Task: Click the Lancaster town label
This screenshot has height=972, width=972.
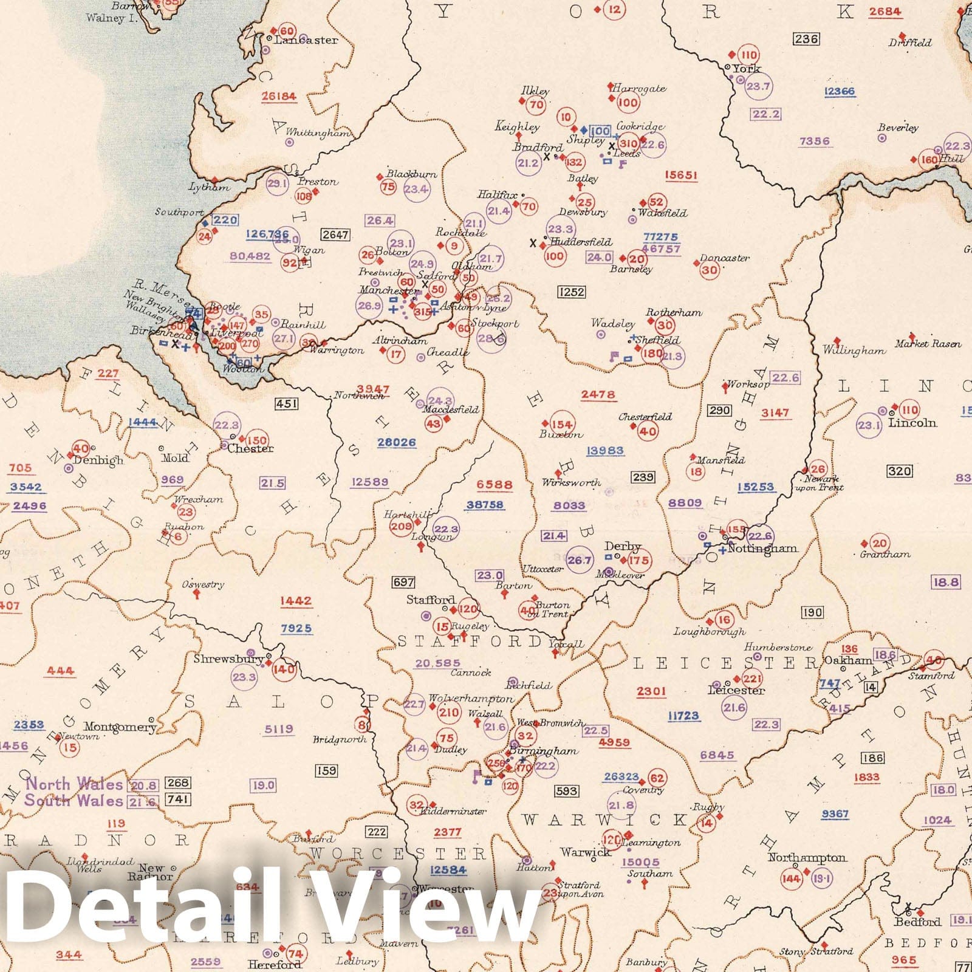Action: click(x=306, y=40)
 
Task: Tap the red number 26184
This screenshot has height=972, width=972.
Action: click(x=279, y=96)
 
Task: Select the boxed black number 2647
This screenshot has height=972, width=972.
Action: click(x=335, y=234)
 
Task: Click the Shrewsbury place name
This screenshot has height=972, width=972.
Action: click(x=228, y=659)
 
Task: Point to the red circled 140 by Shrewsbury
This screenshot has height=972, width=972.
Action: click(x=284, y=669)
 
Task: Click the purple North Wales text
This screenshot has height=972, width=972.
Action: click(x=74, y=784)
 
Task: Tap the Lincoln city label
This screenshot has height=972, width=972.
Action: click(x=912, y=423)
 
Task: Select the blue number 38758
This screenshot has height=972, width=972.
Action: click(x=485, y=505)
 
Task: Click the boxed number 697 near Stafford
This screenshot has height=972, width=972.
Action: click(x=403, y=582)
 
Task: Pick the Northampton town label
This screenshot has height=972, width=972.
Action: click(x=806, y=857)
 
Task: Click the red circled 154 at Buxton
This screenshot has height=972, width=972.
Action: click(x=561, y=425)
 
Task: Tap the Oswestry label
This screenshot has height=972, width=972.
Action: click(x=203, y=584)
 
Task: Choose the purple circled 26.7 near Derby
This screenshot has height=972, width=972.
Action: click(x=579, y=560)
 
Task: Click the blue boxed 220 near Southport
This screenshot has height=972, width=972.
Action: click(x=225, y=220)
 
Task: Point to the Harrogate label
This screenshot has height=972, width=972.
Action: click(x=638, y=89)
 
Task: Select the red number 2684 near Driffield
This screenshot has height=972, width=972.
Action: click(x=885, y=12)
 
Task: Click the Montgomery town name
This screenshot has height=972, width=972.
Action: click(x=120, y=727)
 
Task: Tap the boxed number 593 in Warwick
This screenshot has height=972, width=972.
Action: click(x=566, y=791)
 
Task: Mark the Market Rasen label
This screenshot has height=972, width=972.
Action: click(x=928, y=344)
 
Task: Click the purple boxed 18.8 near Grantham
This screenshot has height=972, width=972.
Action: click(x=946, y=583)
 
